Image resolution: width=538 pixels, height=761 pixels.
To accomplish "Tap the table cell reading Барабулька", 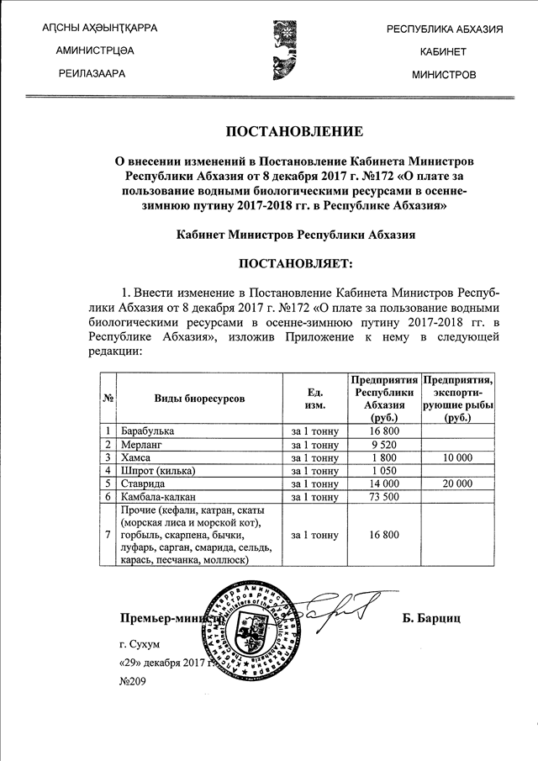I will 148,431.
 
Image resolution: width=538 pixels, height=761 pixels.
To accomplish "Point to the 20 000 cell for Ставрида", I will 458,484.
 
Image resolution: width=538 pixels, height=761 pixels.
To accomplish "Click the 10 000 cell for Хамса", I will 458,457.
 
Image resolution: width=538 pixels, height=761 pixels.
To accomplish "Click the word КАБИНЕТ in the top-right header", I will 444,52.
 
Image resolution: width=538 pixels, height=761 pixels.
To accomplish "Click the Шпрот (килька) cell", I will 157,470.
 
